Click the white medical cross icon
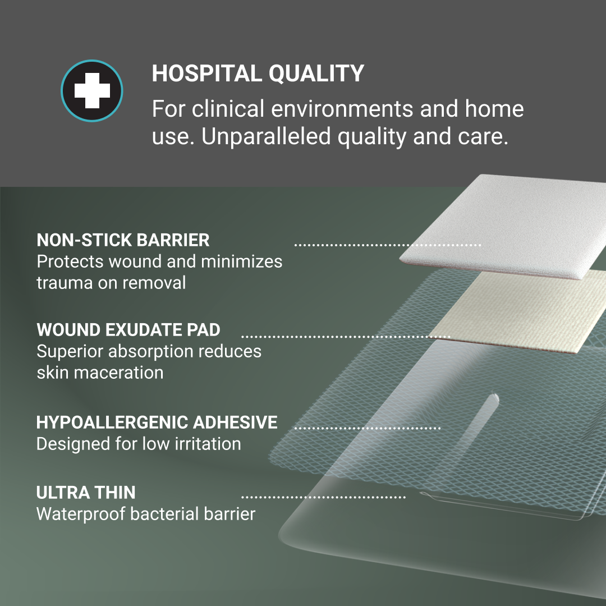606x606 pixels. pos(91,91)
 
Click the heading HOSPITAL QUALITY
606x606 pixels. pos(258,74)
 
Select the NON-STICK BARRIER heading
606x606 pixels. pos(123,240)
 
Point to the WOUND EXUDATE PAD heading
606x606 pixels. pos(128,329)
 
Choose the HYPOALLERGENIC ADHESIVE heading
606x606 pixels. pos(157,422)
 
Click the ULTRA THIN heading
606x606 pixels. pos(86,493)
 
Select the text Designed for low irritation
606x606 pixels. pos(139,444)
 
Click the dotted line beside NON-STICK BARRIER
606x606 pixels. pos(388,245)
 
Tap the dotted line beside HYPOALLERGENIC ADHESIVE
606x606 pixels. pos(368,428)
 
